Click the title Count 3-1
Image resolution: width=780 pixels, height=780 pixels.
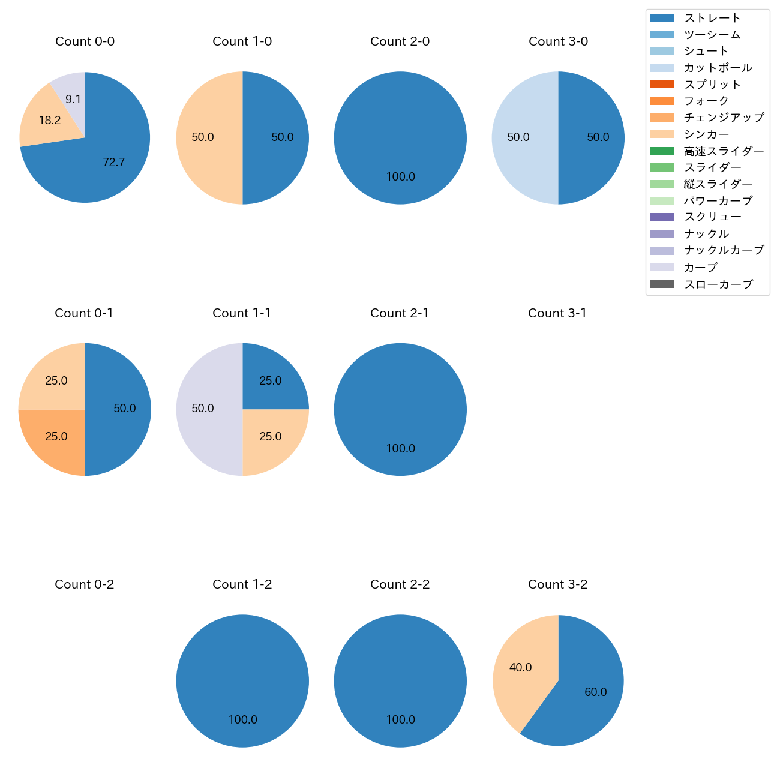pos(557,313)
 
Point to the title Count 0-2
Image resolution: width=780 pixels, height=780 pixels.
pos(85,584)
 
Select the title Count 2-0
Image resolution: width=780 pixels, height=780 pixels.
pos(400,41)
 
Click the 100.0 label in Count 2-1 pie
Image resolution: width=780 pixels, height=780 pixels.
pos(400,448)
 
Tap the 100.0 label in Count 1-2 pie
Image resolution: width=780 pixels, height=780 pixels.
pos(242,719)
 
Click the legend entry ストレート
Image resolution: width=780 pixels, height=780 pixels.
pos(712,18)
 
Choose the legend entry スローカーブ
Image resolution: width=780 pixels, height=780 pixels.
pos(718,284)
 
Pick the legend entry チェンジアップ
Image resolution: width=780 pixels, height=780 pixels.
pos(724,118)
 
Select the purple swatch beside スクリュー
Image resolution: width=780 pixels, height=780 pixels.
pos(662,217)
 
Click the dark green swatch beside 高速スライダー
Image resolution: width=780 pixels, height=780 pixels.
pos(662,151)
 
